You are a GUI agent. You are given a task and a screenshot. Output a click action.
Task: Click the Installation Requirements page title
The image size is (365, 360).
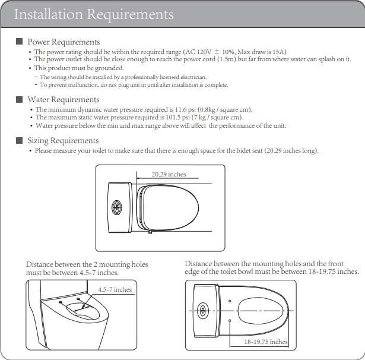[94, 14]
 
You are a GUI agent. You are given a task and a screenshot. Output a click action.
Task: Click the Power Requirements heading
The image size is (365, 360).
[64, 42]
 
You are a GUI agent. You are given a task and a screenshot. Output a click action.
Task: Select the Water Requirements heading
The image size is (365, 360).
[64, 100]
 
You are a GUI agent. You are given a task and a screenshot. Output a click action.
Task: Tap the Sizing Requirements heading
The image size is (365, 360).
[63, 141]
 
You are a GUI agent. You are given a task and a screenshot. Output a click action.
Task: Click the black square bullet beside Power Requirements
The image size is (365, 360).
[19, 42]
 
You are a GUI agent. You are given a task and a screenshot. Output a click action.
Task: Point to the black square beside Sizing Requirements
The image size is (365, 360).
[19, 141]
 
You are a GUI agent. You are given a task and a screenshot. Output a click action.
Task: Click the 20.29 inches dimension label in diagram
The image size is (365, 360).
[169, 174]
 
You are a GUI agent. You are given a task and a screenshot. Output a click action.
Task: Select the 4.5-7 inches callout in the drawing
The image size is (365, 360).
[115, 289]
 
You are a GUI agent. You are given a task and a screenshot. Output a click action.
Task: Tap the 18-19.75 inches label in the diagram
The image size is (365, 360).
[266, 342]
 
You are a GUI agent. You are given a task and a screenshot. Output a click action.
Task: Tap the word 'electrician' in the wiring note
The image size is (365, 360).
[192, 77]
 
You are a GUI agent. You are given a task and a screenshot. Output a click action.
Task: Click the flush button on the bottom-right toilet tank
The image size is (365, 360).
[203, 311]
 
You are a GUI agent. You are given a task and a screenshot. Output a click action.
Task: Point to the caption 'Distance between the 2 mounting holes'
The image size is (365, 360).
[87, 264]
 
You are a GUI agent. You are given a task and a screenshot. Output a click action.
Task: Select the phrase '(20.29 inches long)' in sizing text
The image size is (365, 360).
[291, 150]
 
